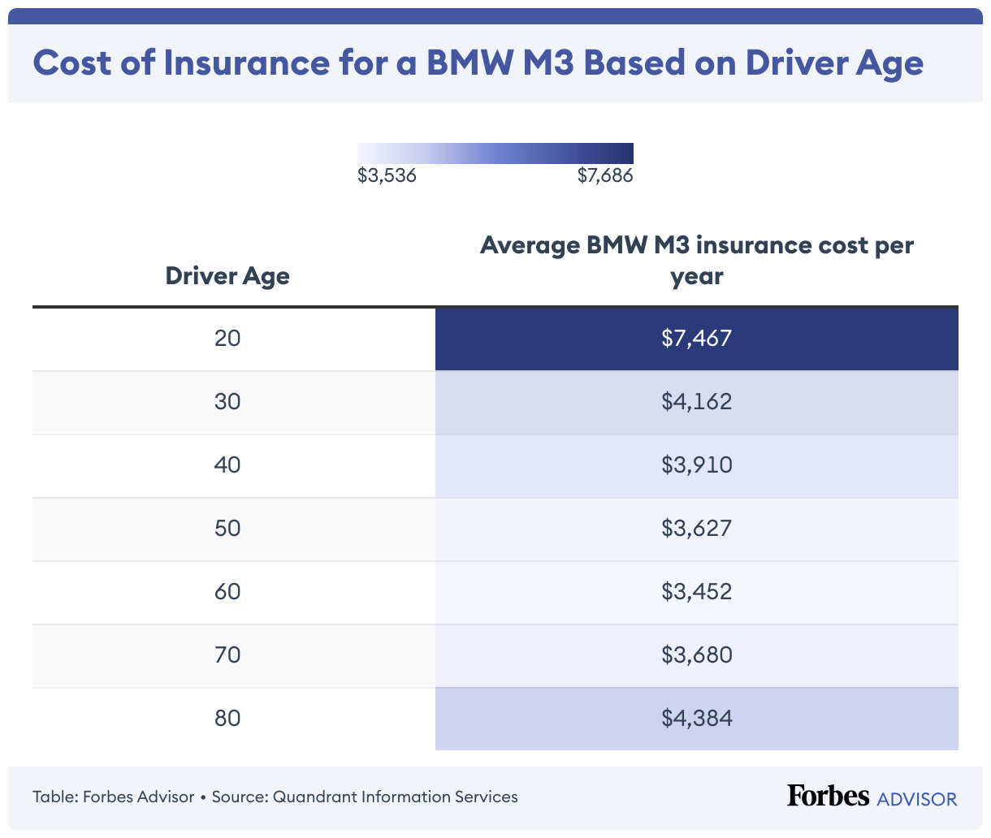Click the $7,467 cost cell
pyautogui.click(x=696, y=338)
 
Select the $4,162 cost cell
pyautogui.click(x=696, y=401)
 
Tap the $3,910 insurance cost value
pyautogui.click(x=696, y=464)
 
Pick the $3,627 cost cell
pyautogui.click(x=696, y=528)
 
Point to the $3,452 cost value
pyautogui.click(x=696, y=591)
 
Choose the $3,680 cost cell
pyautogui.click(x=696, y=654)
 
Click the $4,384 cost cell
pyautogui.click(x=696, y=718)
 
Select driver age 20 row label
pyautogui.click(x=227, y=338)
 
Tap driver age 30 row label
pyautogui.click(x=227, y=401)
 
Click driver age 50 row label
pyautogui.click(x=227, y=528)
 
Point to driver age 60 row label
pyautogui.click(x=227, y=591)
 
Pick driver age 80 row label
pyautogui.click(x=227, y=718)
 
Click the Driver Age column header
pyautogui.click(x=227, y=276)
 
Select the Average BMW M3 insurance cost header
pyautogui.click(x=696, y=261)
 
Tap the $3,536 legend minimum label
pyautogui.click(x=387, y=175)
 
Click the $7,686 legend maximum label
pyautogui.click(x=604, y=175)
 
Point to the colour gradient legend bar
pyautogui.click(x=495, y=153)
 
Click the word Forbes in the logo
pyautogui.click(x=828, y=796)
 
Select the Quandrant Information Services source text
pyautogui.click(x=395, y=797)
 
